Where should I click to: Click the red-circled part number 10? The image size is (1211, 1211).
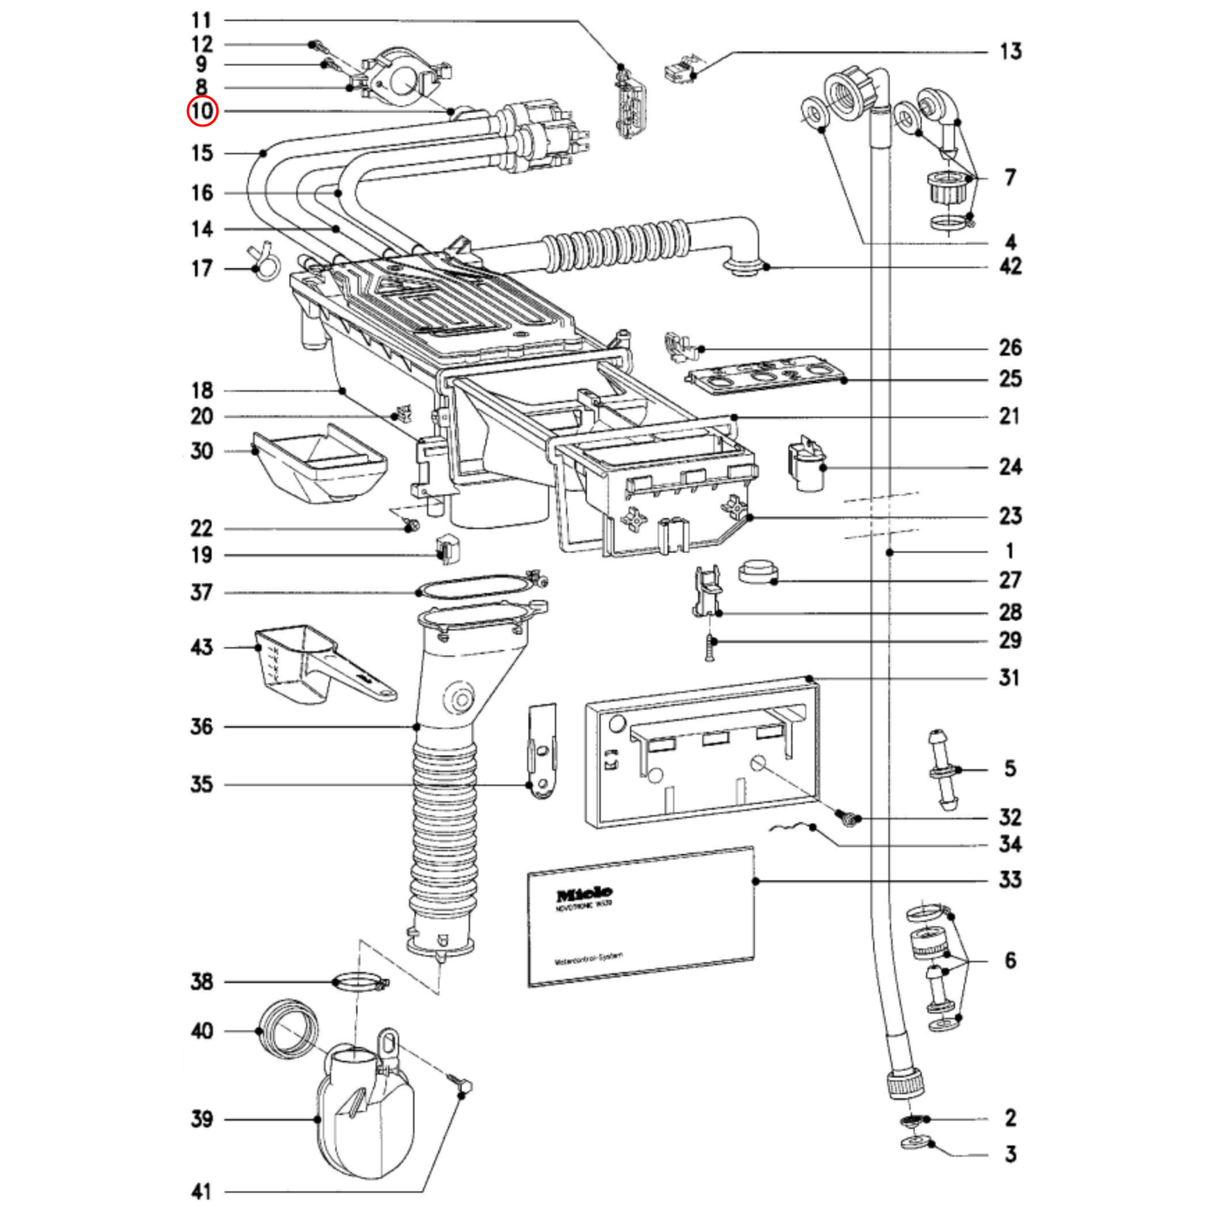pyautogui.click(x=202, y=111)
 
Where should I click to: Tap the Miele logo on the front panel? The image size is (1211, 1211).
pyautogui.click(x=584, y=894)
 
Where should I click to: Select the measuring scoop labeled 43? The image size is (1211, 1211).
pyautogui.click(x=318, y=666)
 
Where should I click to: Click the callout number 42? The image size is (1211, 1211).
pyautogui.click(x=1010, y=267)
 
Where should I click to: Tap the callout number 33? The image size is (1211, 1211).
pyautogui.click(x=1010, y=879)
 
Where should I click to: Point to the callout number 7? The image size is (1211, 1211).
pyautogui.click(x=1010, y=178)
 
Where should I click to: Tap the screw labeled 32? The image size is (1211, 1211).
pyautogui.click(x=848, y=815)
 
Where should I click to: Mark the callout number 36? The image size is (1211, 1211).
pyautogui.click(x=201, y=727)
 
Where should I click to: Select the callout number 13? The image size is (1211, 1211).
pyautogui.click(x=1010, y=52)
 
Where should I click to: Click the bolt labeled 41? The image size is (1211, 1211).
pyautogui.click(x=461, y=1086)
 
